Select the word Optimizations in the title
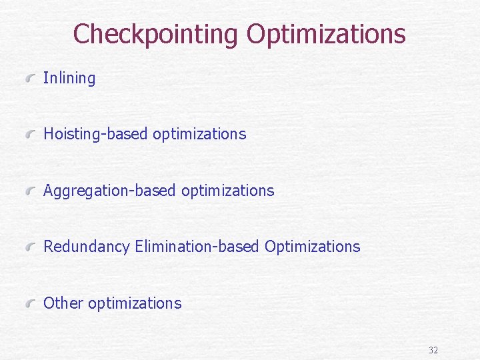[326, 33]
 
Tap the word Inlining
[69, 78]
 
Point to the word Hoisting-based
[96, 134]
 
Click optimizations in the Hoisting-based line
[199, 134]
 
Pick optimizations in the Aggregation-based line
[227, 191]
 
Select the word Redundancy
[87, 247]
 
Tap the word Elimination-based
[197, 247]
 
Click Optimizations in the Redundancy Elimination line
[312, 247]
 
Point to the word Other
[63, 303]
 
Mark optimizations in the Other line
[135, 303]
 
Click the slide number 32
[433, 350]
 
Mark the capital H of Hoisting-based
[49, 134]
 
